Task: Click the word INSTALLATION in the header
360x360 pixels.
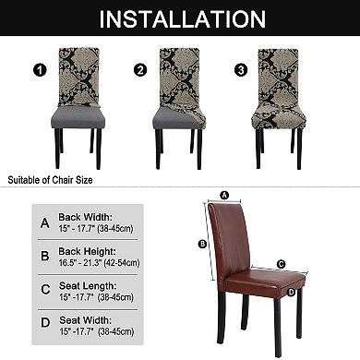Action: tap(180, 18)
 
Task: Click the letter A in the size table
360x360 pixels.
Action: tap(45, 222)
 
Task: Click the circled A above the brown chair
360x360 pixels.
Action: tap(223, 195)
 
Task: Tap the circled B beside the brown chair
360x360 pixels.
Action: tap(201, 245)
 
